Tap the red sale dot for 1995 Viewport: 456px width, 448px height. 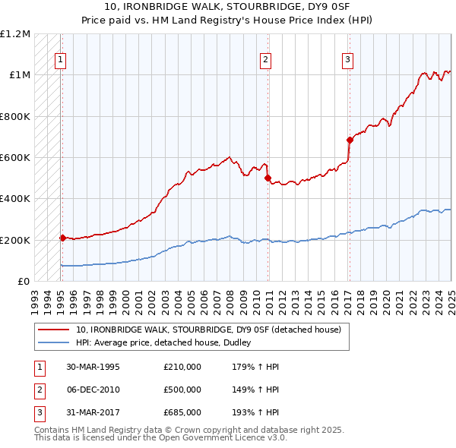[62, 238]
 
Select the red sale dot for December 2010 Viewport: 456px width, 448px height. [268, 178]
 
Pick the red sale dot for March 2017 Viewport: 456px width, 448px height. [350, 140]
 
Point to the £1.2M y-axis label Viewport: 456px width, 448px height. [15, 34]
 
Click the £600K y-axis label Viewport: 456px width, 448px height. [15, 158]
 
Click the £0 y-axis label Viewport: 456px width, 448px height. [24, 282]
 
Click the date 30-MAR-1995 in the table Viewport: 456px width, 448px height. [93, 368]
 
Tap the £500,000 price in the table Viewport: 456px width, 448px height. [182, 390]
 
